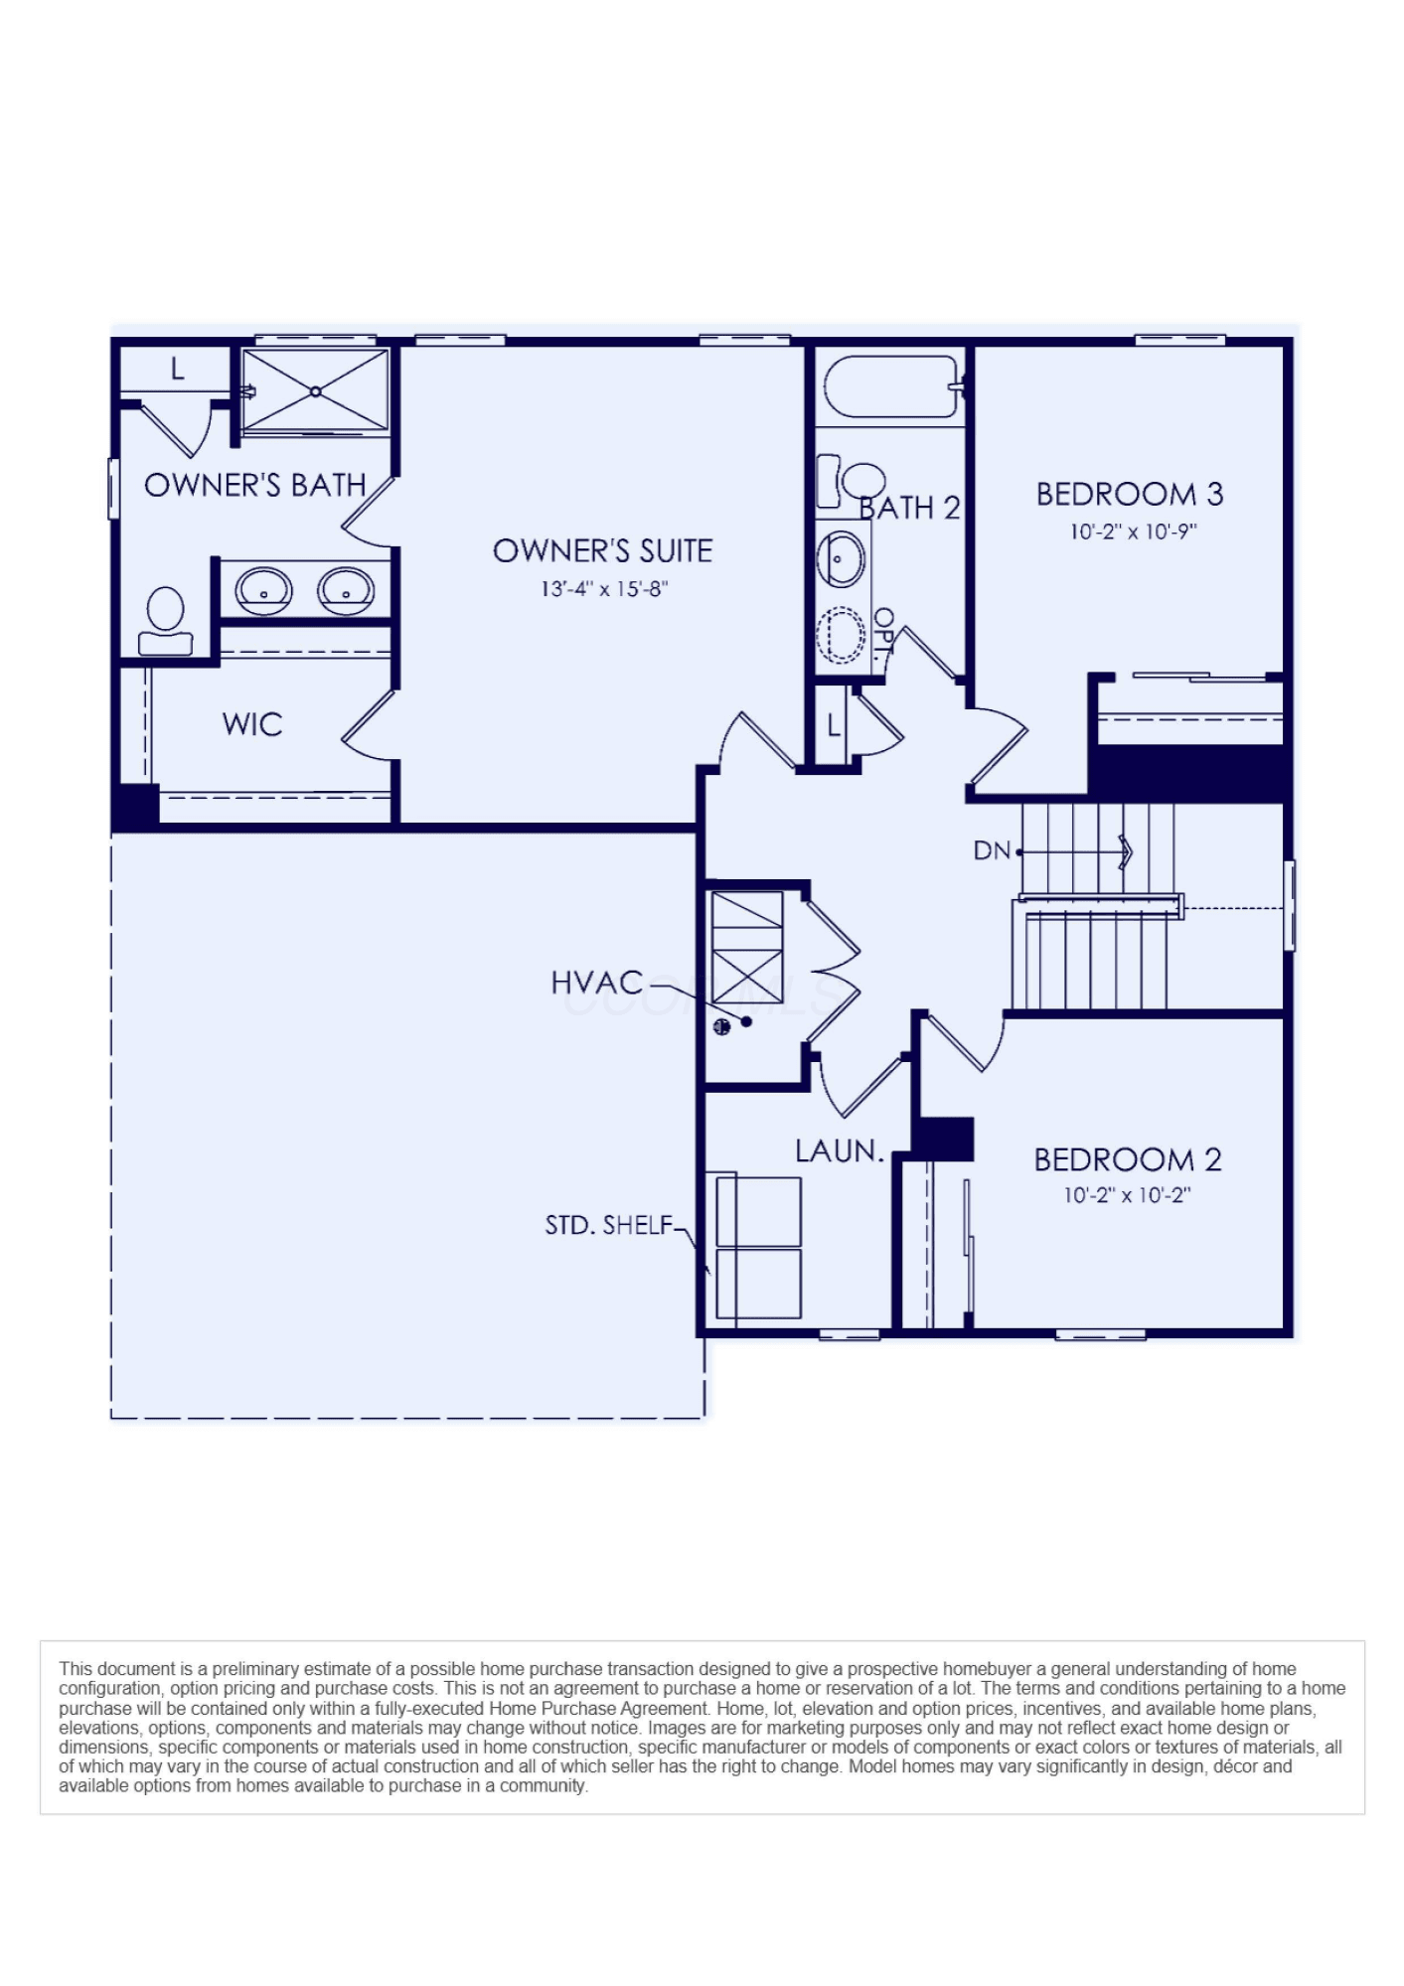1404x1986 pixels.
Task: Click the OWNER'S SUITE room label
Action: tap(602, 550)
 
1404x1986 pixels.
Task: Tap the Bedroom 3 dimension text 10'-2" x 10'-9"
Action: tap(1133, 532)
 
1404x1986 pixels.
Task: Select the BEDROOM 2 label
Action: tap(1128, 1159)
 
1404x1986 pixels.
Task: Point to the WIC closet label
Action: tap(252, 724)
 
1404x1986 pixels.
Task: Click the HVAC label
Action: tap(597, 983)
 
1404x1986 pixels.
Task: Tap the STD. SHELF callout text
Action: tap(609, 1225)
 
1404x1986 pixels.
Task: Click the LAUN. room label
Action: tap(840, 1151)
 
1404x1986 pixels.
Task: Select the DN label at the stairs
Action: tap(991, 850)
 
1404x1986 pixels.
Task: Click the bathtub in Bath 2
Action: tap(891, 386)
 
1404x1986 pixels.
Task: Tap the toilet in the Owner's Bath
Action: tap(165, 622)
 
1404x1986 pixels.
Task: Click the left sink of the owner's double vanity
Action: tap(263, 591)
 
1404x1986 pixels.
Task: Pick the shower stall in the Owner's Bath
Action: tap(316, 391)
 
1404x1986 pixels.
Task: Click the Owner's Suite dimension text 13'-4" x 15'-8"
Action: tap(604, 589)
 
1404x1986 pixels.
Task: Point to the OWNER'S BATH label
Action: tap(255, 485)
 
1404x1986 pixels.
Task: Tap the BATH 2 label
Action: tap(909, 508)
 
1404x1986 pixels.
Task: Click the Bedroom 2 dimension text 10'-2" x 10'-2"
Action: tap(1127, 1195)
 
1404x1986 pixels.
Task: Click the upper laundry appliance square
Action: tap(758, 1212)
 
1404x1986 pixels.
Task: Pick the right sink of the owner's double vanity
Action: tap(346, 591)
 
